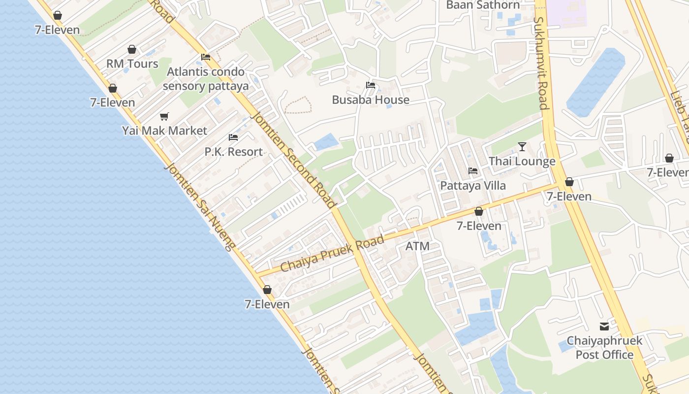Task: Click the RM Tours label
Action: pyautogui.click(x=132, y=64)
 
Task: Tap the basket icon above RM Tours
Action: pyautogui.click(x=132, y=49)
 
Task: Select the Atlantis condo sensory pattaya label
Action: pyautogui.click(x=206, y=79)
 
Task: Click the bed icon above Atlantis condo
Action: pyautogui.click(x=206, y=57)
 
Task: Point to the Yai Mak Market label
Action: pyautogui.click(x=165, y=131)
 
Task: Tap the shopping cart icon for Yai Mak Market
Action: pyautogui.click(x=164, y=117)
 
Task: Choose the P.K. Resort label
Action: pyautogui.click(x=234, y=152)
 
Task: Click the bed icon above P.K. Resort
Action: pyautogui.click(x=233, y=137)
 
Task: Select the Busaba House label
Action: pyautogui.click(x=371, y=100)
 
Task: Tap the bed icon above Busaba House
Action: pyautogui.click(x=371, y=85)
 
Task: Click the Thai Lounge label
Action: pyautogui.click(x=522, y=162)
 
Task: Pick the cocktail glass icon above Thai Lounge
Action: pyautogui.click(x=522, y=147)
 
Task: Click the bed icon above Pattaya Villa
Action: pyautogui.click(x=473, y=171)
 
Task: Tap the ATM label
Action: pyautogui.click(x=417, y=246)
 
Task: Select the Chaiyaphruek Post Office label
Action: pyautogui.click(x=604, y=348)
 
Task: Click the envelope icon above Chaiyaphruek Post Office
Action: pyautogui.click(x=604, y=326)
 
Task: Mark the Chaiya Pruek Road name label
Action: pyautogui.click(x=332, y=254)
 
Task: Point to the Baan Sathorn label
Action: pyautogui.click(x=483, y=5)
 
